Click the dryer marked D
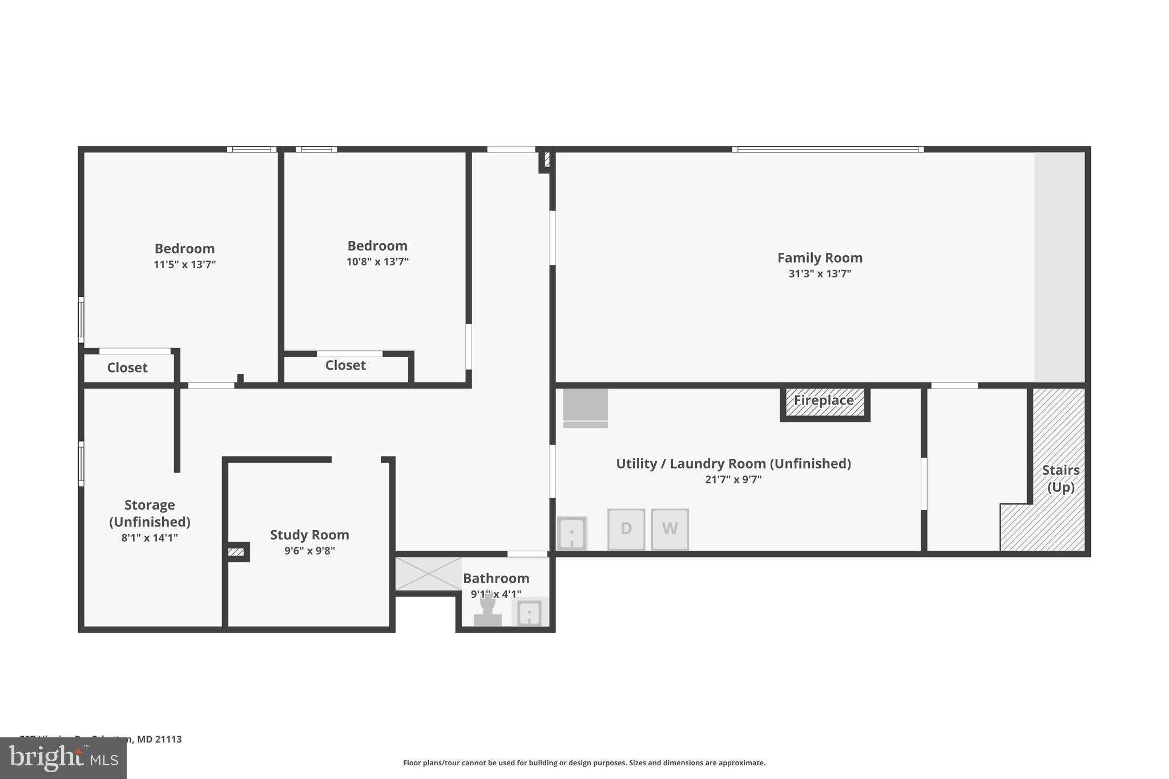point(626,529)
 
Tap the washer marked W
point(670,529)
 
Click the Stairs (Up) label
point(1061,478)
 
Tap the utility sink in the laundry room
point(572,534)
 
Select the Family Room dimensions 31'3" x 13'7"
point(820,274)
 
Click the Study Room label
point(309,535)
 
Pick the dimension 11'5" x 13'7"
point(184,265)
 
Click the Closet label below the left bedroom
point(127,368)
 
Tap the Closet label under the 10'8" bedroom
point(345,365)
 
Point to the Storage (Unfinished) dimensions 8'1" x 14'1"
point(150,538)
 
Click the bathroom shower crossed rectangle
point(428,574)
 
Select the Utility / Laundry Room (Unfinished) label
point(733,463)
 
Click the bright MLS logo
point(63,758)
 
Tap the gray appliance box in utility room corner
point(585,406)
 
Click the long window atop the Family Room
point(828,150)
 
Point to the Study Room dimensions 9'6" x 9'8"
point(309,551)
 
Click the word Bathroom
point(495,578)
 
